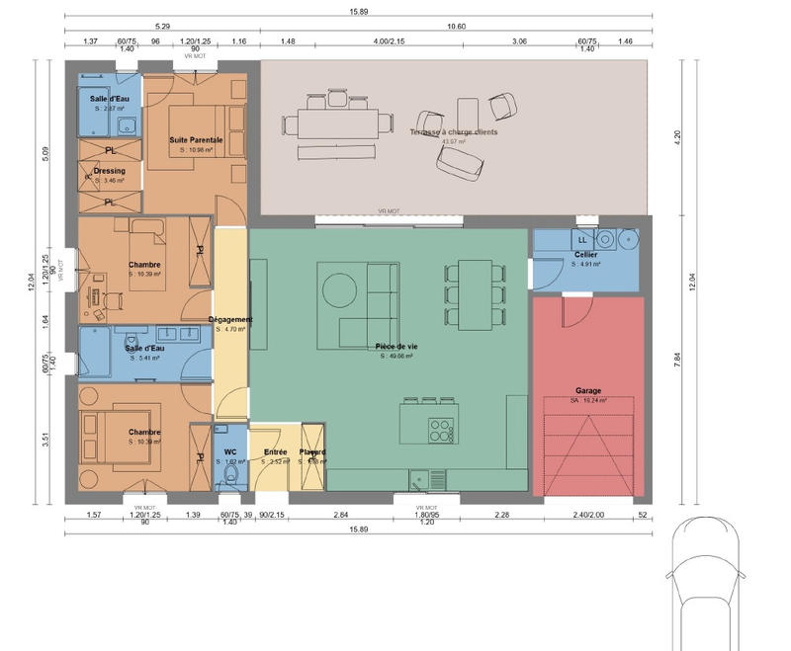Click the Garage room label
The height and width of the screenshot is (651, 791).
tap(587, 390)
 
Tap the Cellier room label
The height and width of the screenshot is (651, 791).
tap(585, 255)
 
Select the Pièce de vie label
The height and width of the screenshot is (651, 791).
tap(395, 347)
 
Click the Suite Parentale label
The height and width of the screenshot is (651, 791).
tap(195, 140)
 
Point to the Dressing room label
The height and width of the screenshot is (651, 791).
tap(109, 171)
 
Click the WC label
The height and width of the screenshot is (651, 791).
tap(229, 451)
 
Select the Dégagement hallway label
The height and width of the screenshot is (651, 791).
tap(231, 319)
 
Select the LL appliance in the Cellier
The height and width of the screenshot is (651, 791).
tap(581, 239)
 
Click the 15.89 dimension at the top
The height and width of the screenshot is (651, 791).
tap(359, 13)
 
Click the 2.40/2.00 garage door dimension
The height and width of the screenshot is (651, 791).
tap(587, 515)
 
